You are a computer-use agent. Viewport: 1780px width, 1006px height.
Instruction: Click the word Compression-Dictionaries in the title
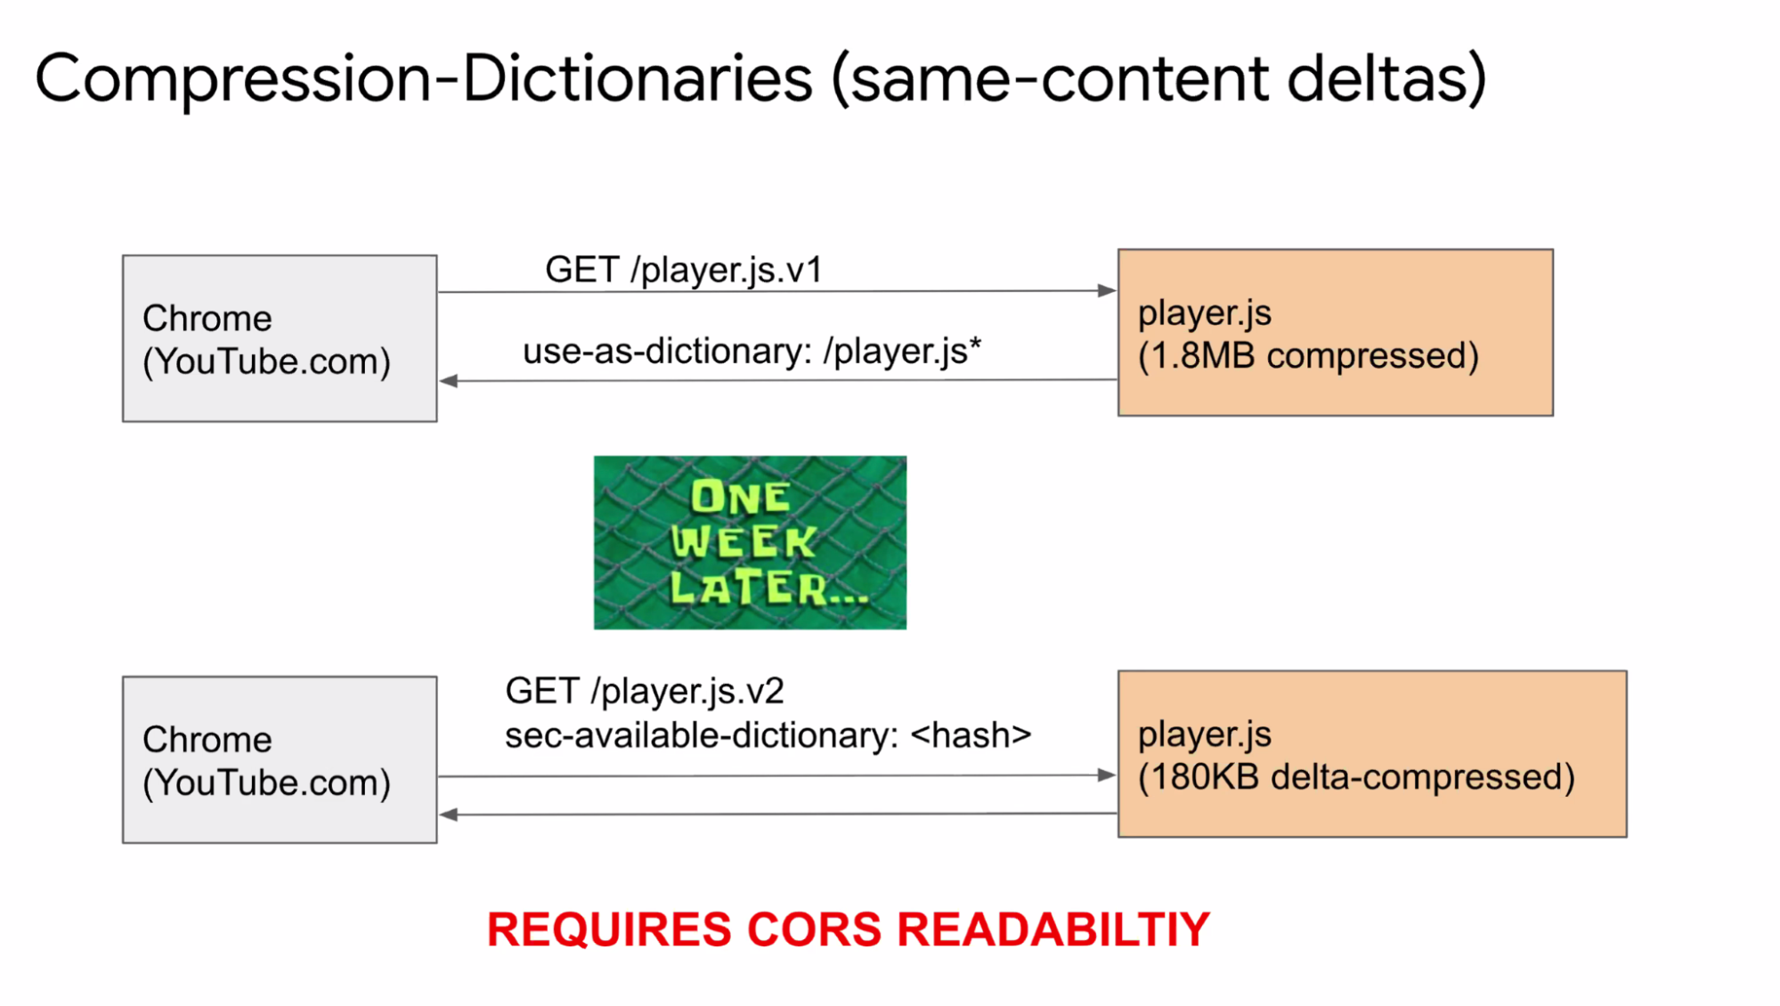424,79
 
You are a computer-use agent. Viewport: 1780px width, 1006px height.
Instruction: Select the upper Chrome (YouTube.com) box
280,338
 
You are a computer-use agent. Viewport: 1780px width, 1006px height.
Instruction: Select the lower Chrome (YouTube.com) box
280,759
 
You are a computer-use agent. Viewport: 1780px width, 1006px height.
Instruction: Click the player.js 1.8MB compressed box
1336,332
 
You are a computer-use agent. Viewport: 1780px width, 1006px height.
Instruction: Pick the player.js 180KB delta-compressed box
1372,754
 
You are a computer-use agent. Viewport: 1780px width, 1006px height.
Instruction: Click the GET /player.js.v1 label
684,270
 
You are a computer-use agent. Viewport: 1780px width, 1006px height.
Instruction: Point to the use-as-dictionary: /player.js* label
752,351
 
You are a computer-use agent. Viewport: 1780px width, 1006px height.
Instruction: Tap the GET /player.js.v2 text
645,691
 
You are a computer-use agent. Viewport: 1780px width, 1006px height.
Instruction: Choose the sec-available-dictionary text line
768,735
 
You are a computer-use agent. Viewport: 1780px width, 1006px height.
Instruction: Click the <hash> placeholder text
971,735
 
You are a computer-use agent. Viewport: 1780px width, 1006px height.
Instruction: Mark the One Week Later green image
750,542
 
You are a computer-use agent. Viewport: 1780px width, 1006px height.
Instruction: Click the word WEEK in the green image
744,541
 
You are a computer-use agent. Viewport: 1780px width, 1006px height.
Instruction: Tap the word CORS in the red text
814,929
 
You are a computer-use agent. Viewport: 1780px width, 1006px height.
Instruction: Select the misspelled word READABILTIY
1053,929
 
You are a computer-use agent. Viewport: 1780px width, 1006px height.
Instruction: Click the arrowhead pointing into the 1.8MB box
1107,290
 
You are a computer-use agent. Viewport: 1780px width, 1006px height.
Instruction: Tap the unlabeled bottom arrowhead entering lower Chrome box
449,815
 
